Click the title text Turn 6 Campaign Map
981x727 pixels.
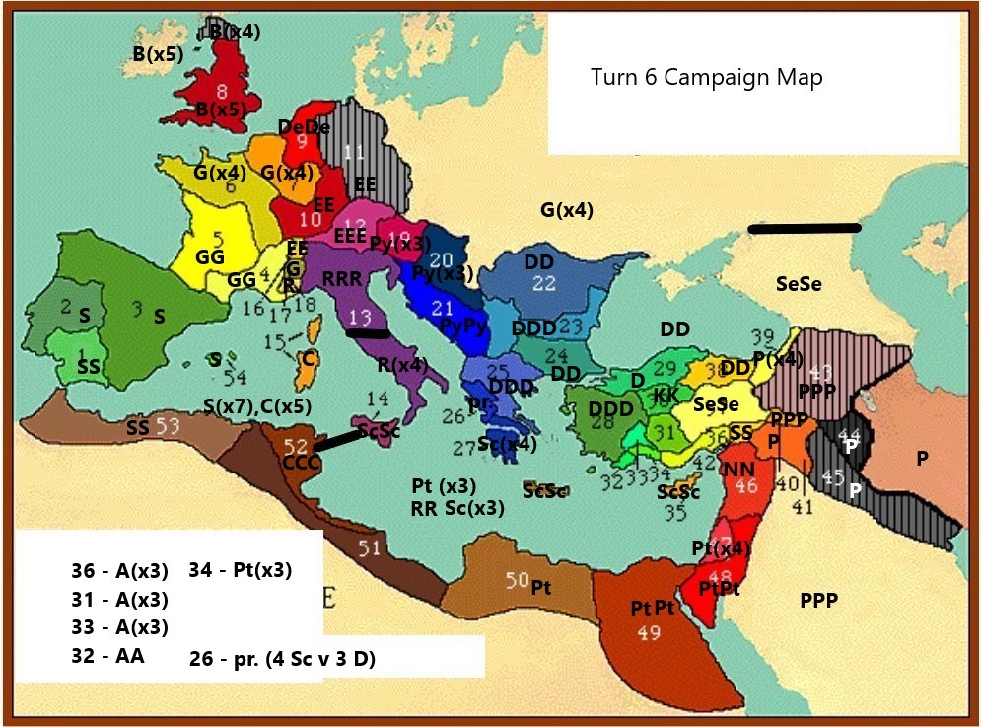tap(706, 77)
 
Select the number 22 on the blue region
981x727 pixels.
tap(544, 282)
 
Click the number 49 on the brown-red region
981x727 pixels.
tap(649, 633)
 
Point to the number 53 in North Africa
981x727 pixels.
tap(168, 425)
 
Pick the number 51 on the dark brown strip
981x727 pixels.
tap(368, 547)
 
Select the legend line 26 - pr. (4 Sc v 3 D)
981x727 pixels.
tap(282, 660)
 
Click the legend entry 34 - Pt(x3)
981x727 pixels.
tap(240, 570)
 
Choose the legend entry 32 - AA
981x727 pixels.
tap(107, 655)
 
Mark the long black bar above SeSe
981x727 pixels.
tap(805, 228)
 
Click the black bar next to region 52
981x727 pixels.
tap(337, 441)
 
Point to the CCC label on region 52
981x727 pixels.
tap(299, 462)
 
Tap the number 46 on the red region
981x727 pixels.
tap(746, 485)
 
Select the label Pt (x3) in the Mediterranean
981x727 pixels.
tap(443, 485)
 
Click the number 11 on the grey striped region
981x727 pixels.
tap(353, 151)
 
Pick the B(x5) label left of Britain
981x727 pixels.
tap(159, 53)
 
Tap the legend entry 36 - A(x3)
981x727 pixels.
tap(119, 571)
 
